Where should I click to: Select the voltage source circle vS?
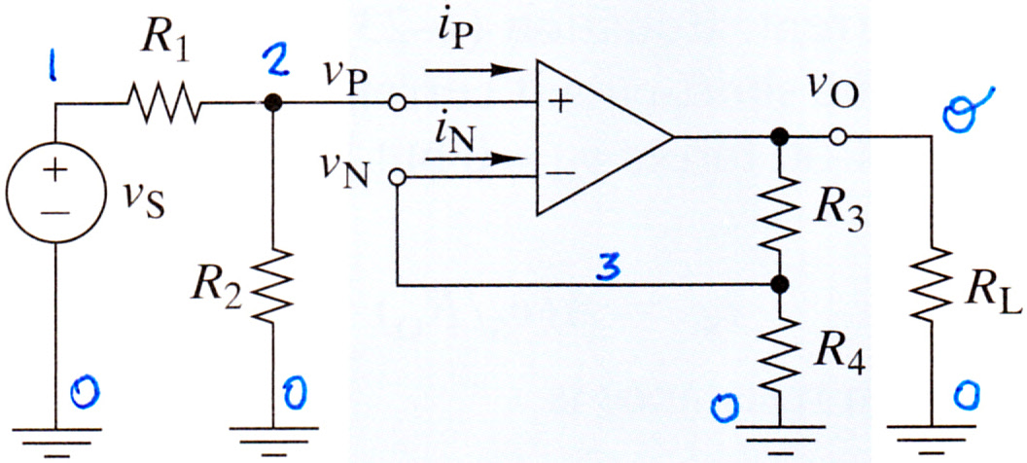click(x=55, y=192)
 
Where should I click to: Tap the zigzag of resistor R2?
click(x=273, y=285)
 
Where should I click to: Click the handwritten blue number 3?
click(x=610, y=271)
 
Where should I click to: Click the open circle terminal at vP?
click(x=397, y=103)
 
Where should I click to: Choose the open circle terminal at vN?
click(x=397, y=177)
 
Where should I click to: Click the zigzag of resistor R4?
click(x=779, y=354)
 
